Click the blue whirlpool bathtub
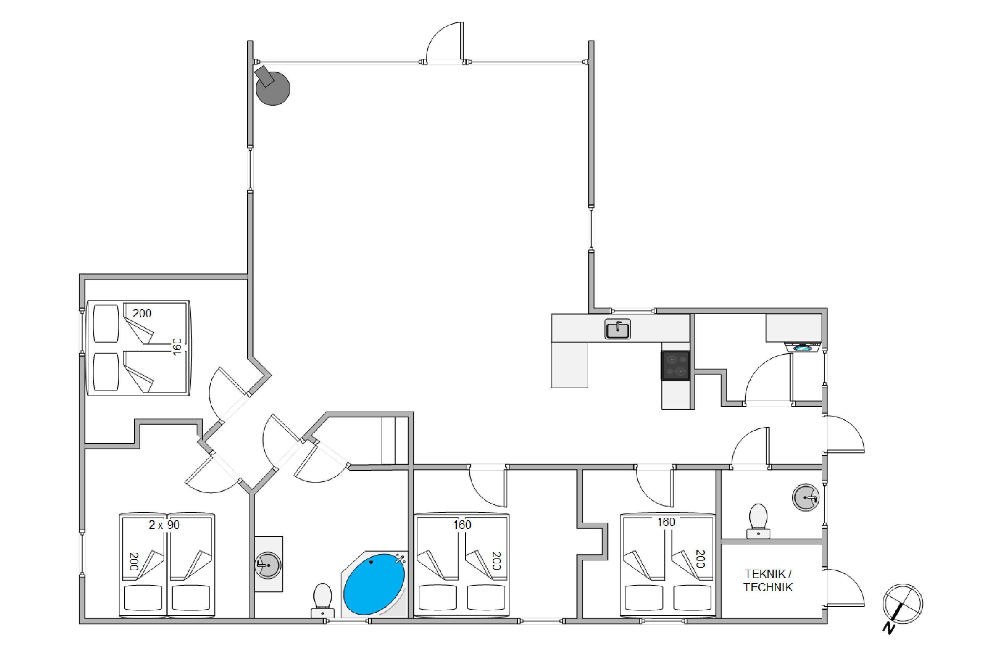pos(374,584)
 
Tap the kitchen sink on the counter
pos(618,328)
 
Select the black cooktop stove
pos(675,365)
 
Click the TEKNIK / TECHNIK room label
pos(768,580)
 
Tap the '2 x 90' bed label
pos(164,525)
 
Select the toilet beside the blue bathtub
pos(322,600)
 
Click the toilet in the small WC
pos(758,521)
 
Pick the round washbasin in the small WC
pos(805,497)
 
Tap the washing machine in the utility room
pos(802,347)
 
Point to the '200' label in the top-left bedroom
pos(142,313)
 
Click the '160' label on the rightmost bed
pos(666,522)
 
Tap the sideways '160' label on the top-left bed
pos(177,347)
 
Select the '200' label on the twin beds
pos(134,561)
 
